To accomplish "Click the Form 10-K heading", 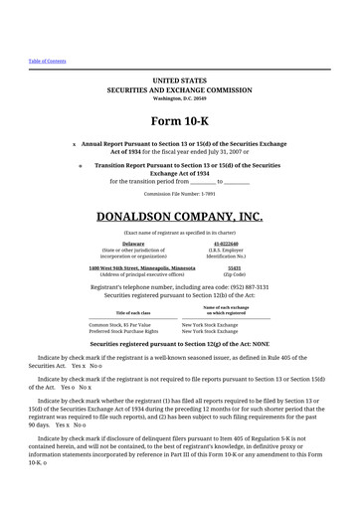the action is [179, 122].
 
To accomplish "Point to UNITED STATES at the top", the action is [179, 78].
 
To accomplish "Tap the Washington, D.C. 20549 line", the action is [179, 99].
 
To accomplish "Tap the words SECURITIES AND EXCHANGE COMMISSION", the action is [179, 88].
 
